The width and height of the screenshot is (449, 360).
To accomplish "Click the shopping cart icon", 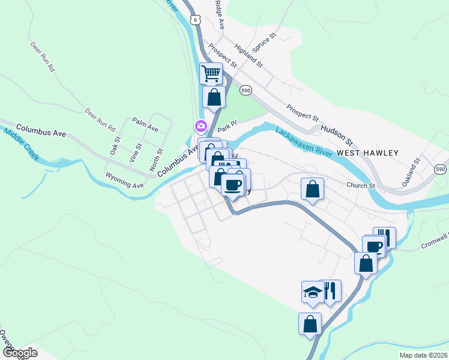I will (211, 74).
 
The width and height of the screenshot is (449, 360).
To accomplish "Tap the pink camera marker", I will (199, 126).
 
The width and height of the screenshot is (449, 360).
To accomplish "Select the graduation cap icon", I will (312, 292).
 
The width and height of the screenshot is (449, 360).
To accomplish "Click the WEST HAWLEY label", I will (367, 153).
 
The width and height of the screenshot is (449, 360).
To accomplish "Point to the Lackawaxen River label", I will (304, 142).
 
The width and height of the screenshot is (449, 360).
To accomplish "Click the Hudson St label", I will (337, 135).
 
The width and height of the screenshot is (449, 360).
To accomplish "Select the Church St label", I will (360, 186).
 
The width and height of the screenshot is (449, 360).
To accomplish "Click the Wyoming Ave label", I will (125, 181).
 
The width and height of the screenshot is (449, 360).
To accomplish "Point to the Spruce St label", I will (264, 45).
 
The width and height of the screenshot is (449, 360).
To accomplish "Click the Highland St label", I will (249, 55).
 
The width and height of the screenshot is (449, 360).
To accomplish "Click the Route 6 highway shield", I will (196, 20).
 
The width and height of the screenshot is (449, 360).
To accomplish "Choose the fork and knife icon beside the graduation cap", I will (330, 292).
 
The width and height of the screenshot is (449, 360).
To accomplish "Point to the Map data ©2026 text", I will (423, 355).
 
